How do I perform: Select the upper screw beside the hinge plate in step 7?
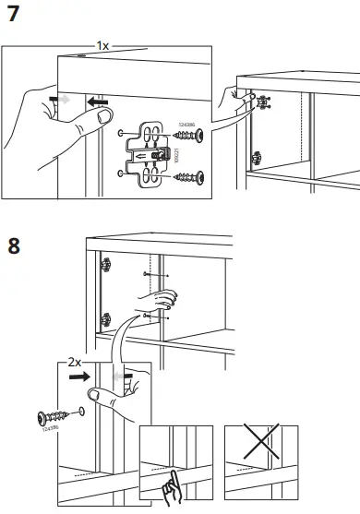tap(189, 137)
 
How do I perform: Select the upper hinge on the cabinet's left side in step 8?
tap(104, 265)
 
